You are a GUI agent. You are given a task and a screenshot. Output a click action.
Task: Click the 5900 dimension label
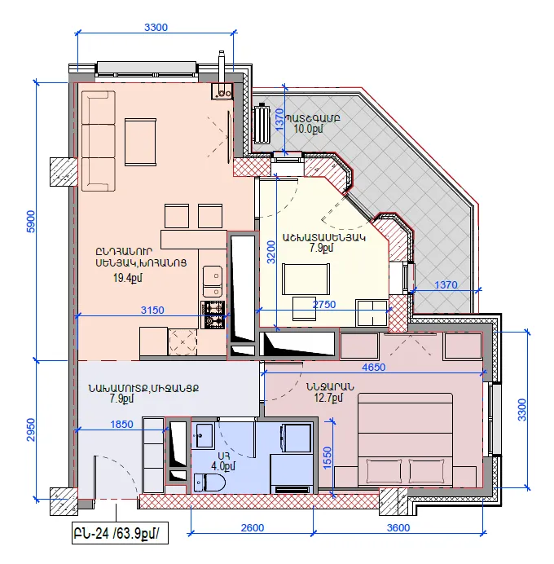[31, 221]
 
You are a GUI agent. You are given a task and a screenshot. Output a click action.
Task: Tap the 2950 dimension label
[31, 430]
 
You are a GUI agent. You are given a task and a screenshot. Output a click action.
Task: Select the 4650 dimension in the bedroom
[373, 367]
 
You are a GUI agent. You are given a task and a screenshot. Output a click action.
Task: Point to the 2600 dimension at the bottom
[253, 527]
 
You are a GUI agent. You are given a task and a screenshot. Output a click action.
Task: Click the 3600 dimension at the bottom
[398, 527]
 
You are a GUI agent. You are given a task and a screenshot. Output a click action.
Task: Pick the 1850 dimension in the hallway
[121, 425]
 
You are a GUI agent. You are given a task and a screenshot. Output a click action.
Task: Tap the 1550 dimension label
[328, 458]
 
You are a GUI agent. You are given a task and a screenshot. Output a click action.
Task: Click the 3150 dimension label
[152, 310]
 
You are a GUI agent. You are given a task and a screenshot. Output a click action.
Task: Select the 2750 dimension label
[324, 304]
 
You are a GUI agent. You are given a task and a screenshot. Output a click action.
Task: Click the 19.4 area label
[128, 278]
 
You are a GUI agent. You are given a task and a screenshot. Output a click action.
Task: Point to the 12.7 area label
[328, 398]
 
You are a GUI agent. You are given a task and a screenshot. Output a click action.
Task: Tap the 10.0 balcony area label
[308, 129]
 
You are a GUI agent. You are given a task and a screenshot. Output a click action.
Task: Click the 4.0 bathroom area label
[223, 466]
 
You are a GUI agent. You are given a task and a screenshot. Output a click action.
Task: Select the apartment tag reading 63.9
[120, 533]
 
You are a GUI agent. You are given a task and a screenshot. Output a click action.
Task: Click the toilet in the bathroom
[209, 482]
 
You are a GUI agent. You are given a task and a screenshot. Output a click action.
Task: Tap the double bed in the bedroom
[405, 440]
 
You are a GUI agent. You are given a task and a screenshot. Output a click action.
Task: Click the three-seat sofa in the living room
[98, 141]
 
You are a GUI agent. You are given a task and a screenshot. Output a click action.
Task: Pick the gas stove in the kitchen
[213, 315]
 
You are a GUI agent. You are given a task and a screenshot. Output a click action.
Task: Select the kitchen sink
[213, 281]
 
